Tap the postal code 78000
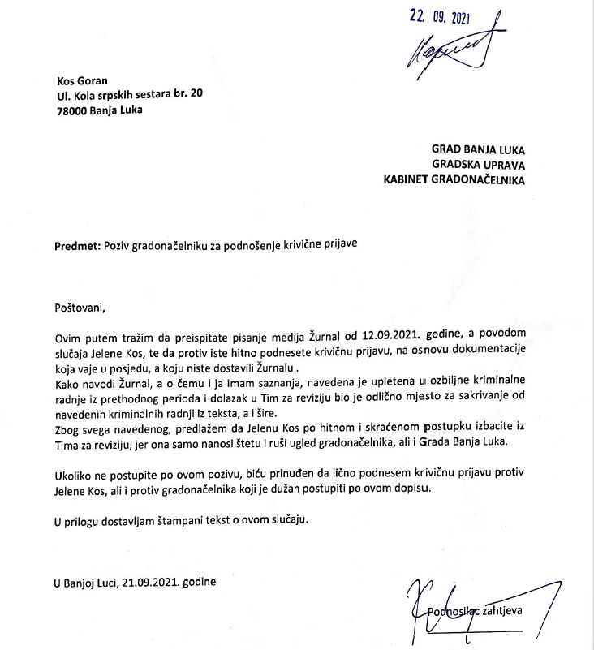[x=74, y=110]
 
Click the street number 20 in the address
[x=196, y=96]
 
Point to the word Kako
[x=68, y=382]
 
